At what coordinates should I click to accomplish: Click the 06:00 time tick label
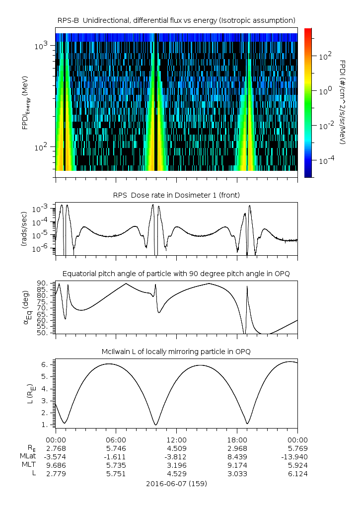click(x=116, y=439)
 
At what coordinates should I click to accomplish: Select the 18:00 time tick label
click(x=237, y=439)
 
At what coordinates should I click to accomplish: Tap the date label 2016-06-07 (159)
click(x=176, y=483)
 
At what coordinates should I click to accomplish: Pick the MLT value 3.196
click(x=176, y=465)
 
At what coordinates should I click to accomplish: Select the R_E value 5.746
click(x=116, y=448)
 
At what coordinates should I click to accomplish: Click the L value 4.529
click(x=176, y=474)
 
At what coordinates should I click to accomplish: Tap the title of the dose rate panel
click(x=176, y=195)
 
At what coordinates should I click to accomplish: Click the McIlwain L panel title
click(x=176, y=352)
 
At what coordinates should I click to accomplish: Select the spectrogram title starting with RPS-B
click(x=176, y=20)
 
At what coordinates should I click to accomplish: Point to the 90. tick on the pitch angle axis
click(x=43, y=283)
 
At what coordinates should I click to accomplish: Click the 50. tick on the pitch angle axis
click(x=43, y=332)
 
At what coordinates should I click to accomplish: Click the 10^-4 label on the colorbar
click(x=325, y=161)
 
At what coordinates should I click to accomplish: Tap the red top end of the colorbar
click(x=308, y=31)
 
